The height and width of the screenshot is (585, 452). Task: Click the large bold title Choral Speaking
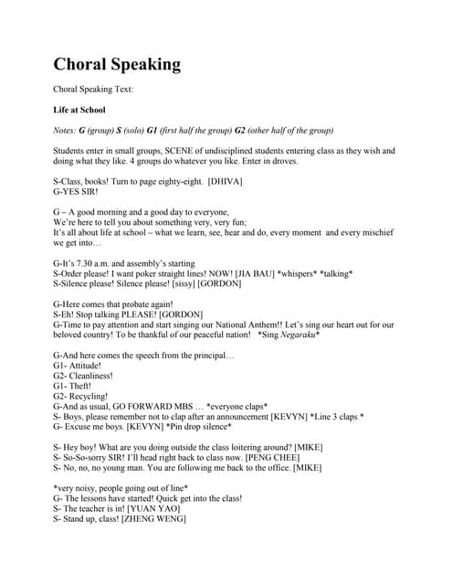(117, 64)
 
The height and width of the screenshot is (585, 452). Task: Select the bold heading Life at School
(79, 110)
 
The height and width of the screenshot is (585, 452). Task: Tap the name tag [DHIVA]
(226, 183)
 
